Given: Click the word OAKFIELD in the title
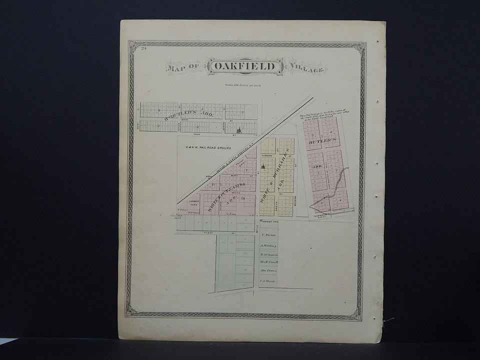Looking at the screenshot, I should tap(244, 67).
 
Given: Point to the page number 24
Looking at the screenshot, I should tap(143, 48).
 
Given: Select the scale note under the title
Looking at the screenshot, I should tap(243, 85).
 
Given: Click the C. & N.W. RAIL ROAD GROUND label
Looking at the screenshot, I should tap(204, 147).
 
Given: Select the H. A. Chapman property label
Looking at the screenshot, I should tap(268, 253).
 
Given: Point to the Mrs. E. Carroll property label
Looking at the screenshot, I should tap(268, 262).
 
